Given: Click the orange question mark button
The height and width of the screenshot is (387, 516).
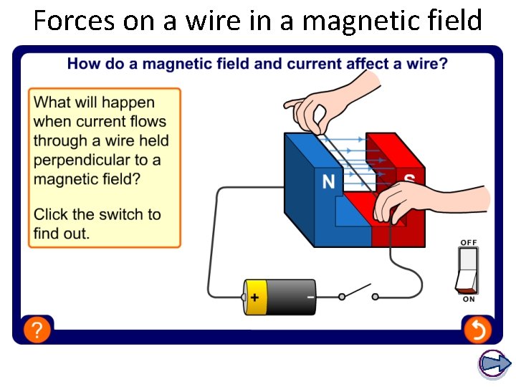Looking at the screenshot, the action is [x=37, y=330].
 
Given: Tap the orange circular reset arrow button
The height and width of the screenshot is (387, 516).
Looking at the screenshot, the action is [x=477, y=330].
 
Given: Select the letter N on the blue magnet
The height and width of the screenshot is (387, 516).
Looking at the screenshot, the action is [x=328, y=182].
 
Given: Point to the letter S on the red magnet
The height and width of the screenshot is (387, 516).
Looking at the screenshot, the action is [x=409, y=181].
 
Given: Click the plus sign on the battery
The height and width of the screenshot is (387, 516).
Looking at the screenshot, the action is [x=254, y=297].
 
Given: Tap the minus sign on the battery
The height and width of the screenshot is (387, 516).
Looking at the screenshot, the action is [x=310, y=295].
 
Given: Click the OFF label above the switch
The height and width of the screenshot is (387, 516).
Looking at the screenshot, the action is [x=468, y=243].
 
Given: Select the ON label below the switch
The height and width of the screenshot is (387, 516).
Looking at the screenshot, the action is [x=468, y=300].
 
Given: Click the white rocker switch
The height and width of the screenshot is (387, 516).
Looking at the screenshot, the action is [x=467, y=270].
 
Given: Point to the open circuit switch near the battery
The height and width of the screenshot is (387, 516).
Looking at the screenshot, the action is [x=358, y=292].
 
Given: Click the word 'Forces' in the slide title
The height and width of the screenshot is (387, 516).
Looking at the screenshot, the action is [x=74, y=21].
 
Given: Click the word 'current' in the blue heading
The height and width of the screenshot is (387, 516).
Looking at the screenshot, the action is [x=313, y=64].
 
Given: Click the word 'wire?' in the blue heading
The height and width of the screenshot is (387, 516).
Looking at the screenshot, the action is [x=428, y=64].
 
